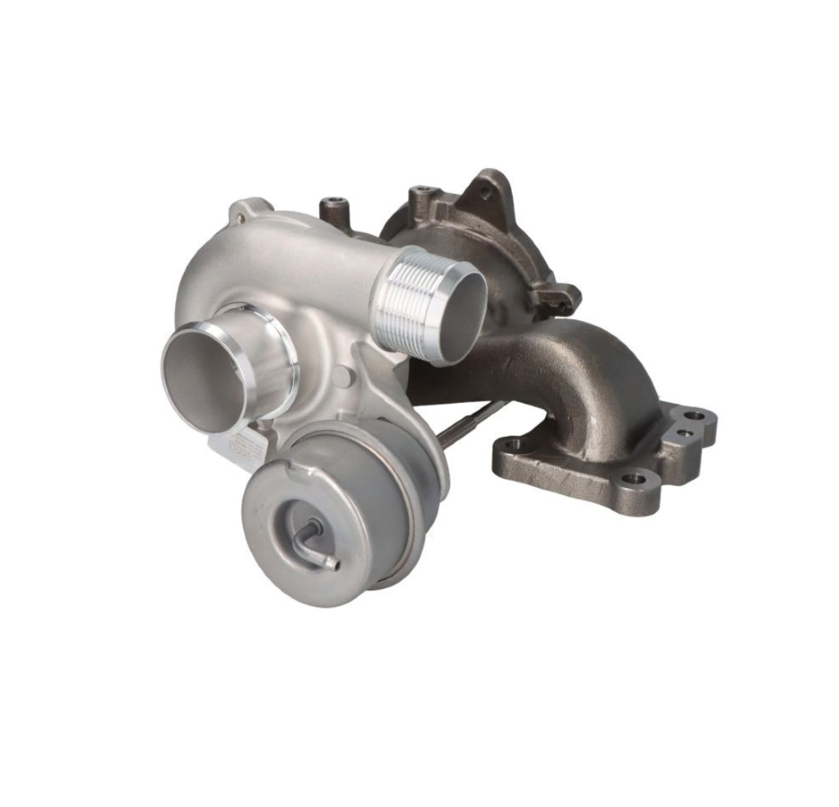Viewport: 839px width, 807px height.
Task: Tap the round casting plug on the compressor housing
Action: click(x=341, y=378)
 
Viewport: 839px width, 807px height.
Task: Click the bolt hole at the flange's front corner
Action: click(x=633, y=479)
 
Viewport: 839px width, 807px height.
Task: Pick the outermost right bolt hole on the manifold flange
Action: click(x=695, y=416)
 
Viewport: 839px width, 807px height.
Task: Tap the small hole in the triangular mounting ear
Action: click(x=486, y=193)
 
